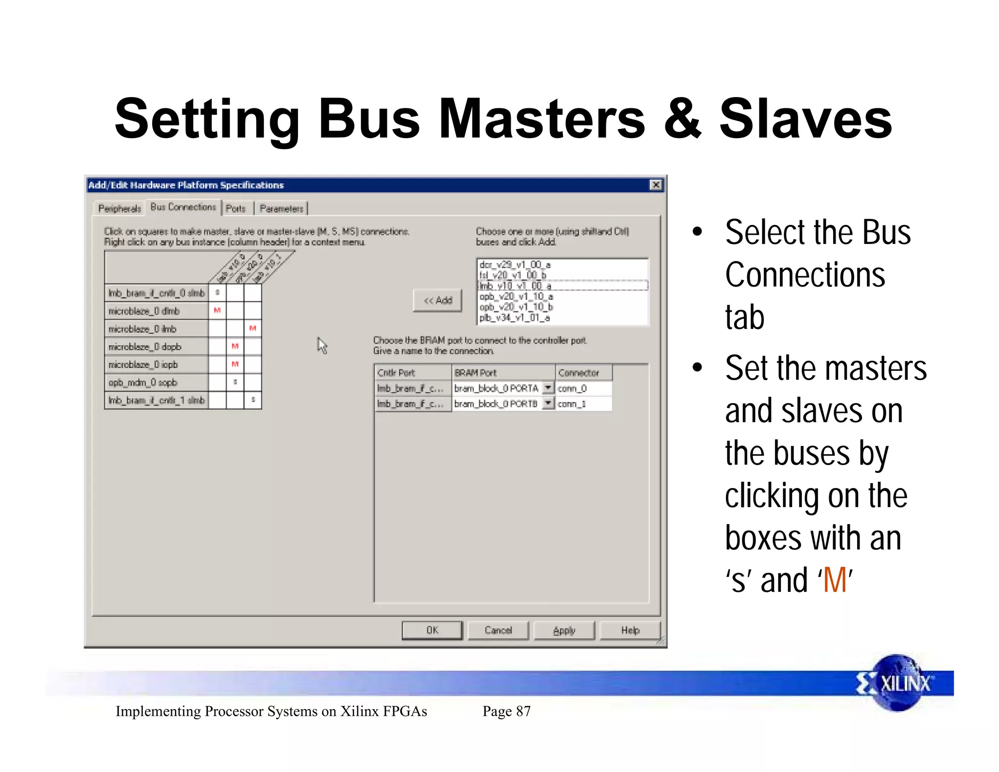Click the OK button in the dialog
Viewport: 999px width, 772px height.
click(432, 630)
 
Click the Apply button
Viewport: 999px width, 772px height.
click(564, 630)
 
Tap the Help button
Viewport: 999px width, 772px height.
click(630, 630)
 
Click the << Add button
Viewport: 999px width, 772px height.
click(438, 300)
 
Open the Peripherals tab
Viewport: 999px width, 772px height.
click(120, 208)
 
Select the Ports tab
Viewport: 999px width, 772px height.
click(236, 208)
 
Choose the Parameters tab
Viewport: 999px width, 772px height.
click(281, 208)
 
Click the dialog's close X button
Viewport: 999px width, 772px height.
click(656, 184)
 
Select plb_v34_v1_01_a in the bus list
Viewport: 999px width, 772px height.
click(515, 318)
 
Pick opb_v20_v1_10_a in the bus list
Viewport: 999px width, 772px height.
click(516, 296)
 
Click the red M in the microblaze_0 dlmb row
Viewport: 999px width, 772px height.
click(218, 310)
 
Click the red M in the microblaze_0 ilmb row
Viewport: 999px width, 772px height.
click(253, 328)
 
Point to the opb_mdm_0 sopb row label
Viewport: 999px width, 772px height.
click(143, 382)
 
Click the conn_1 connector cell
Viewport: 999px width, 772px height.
click(583, 404)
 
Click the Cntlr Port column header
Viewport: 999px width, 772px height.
click(412, 372)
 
